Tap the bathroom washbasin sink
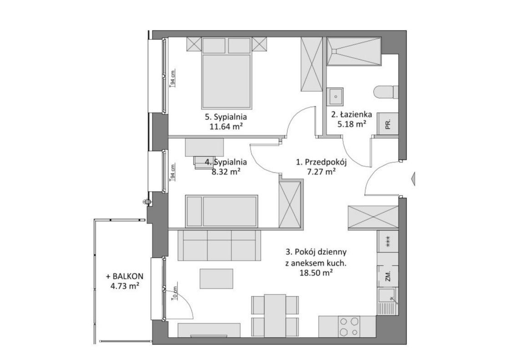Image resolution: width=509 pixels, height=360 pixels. click(335, 96)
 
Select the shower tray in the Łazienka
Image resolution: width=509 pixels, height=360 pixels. click(353, 51)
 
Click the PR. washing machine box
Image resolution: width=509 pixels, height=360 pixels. click(388, 124)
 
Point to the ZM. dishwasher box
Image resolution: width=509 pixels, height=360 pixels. click(387, 276)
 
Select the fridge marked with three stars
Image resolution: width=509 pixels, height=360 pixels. click(387, 241)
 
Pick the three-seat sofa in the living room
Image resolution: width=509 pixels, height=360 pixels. click(219, 245)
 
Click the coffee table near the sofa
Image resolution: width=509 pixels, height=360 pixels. click(216, 279)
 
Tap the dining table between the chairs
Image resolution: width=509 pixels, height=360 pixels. click(275, 315)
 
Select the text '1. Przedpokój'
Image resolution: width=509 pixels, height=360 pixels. click(321, 162)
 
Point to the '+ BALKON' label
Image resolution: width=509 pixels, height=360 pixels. click(125, 277)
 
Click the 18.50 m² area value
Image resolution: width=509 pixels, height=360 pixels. click(316, 273)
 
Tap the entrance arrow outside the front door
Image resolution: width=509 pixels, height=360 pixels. click(413, 179)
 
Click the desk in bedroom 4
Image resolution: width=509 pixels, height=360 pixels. click(204, 147)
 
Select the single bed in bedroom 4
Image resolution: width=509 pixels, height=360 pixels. click(221, 211)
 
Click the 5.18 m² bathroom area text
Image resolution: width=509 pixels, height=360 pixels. click(352, 124)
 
